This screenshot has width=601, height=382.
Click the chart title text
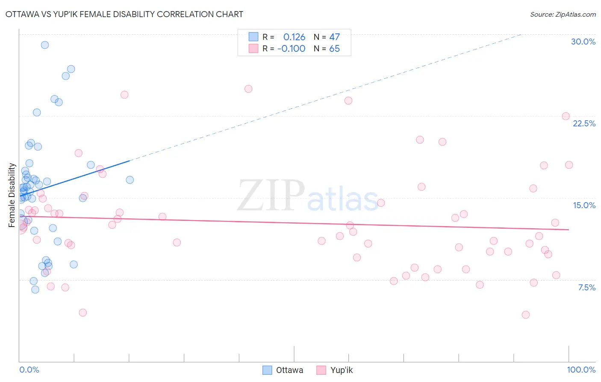(x=124, y=14)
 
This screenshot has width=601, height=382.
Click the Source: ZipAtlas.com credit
(x=563, y=14)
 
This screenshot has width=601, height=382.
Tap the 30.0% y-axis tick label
(x=583, y=42)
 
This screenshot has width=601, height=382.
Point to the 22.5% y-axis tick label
(x=584, y=123)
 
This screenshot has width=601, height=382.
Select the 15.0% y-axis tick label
(x=584, y=205)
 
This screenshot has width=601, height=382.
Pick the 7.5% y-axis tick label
(x=586, y=287)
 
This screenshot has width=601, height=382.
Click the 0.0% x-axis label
(x=29, y=370)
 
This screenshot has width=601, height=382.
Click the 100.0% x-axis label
(x=581, y=370)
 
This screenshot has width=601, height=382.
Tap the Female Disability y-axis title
(x=12, y=195)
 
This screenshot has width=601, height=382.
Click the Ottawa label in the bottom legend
(x=289, y=370)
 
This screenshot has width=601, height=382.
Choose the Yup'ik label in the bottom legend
(x=342, y=370)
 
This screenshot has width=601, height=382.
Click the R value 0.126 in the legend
(x=294, y=37)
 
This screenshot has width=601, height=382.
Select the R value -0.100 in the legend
(x=291, y=48)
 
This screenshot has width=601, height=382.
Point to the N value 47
(x=334, y=37)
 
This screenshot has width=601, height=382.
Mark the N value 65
(x=334, y=48)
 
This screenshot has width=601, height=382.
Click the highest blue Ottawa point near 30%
(x=45, y=45)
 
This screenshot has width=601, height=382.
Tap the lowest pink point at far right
(x=526, y=315)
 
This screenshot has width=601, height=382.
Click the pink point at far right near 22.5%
(x=566, y=116)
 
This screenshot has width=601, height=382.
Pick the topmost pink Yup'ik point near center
(x=248, y=89)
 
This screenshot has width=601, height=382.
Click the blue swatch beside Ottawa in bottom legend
(x=267, y=370)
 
